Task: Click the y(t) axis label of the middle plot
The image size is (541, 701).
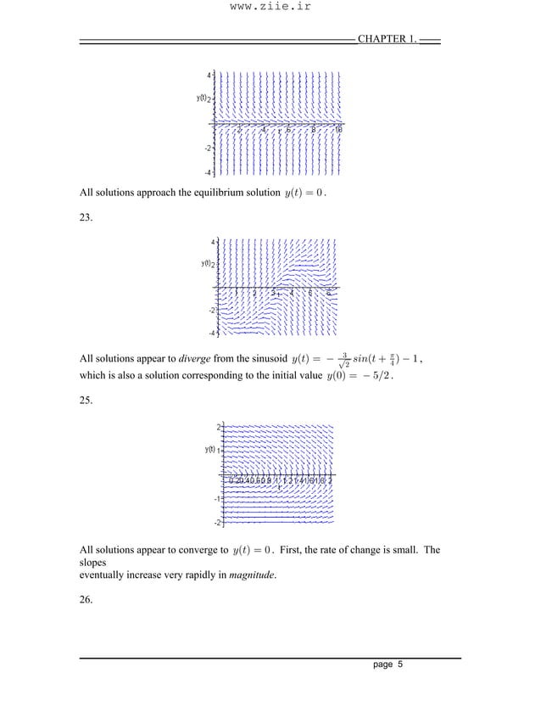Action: (206, 264)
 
